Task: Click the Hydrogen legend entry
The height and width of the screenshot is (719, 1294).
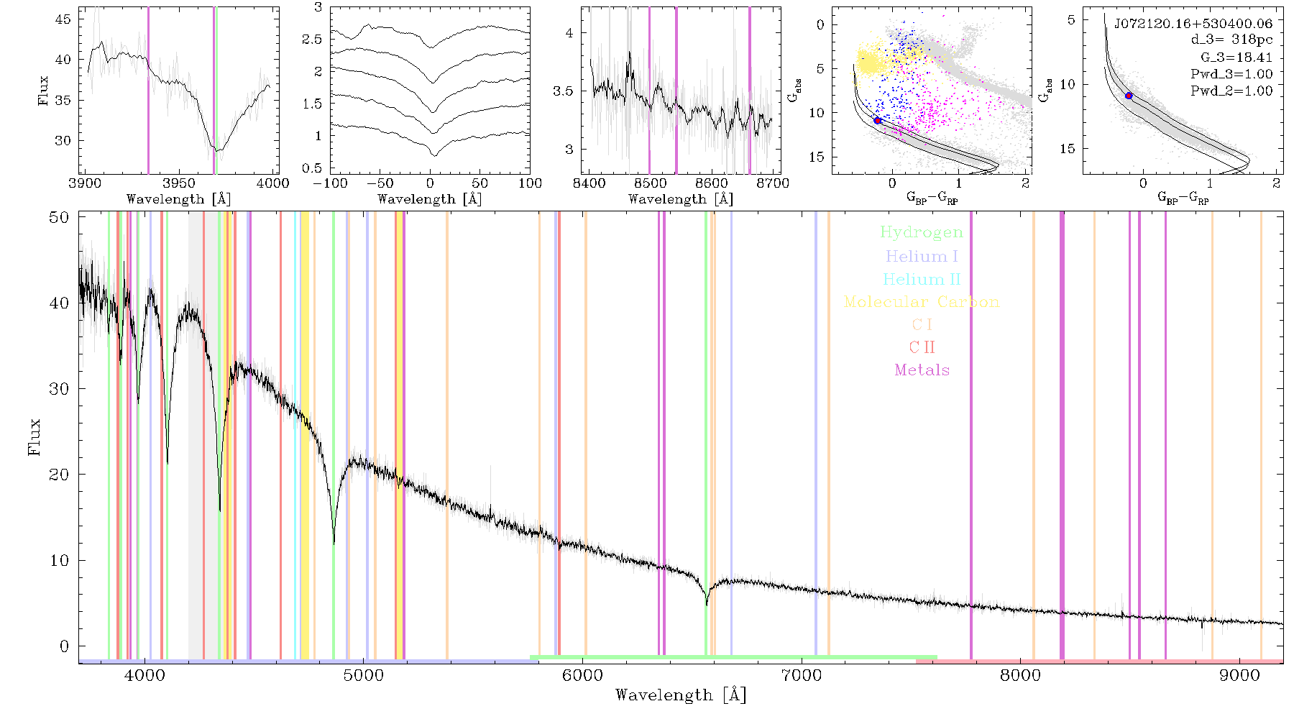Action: (x=922, y=232)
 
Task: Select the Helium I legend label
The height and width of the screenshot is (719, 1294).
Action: (x=922, y=256)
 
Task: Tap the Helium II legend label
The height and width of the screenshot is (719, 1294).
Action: (x=922, y=279)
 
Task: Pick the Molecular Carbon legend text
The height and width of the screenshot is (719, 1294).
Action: (x=922, y=302)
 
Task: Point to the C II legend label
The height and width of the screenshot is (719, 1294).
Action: (x=922, y=347)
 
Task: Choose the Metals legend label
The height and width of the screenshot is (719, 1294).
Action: (x=922, y=370)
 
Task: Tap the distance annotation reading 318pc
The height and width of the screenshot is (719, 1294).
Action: (x=1252, y=40)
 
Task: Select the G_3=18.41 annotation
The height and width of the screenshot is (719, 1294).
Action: (x=1236, y=58)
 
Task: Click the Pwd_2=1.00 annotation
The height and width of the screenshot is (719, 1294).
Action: (x=1231, y=91)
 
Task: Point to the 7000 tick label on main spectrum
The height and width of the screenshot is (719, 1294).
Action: (x=801, y=676)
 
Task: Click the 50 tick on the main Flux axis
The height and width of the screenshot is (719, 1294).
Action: (x=60, y=217)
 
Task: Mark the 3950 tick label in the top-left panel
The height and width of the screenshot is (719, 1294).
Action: (x=179, y=183)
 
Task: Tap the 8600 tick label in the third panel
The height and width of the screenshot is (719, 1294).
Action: (x=712, y=183)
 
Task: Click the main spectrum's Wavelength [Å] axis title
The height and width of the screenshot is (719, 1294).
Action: (x=681, y=695)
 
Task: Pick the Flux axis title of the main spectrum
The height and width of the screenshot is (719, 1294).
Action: (x=34, y=436)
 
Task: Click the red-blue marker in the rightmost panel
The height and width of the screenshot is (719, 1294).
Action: (x=1129, y=96)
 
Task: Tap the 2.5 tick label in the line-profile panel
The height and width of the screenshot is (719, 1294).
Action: (x=312, y=39)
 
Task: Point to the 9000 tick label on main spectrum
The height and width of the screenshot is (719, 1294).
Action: (x=1239, y=676)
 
